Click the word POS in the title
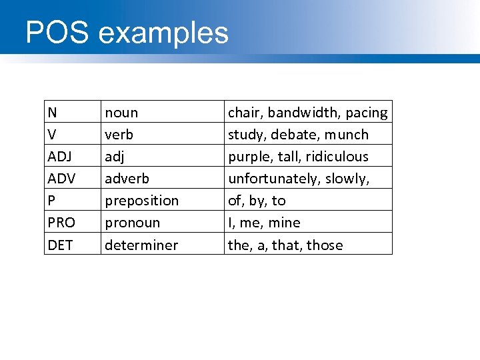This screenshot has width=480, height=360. pos(57,33)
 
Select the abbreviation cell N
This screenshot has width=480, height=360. pos(52,113)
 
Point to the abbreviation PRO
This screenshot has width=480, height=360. pos(61,223)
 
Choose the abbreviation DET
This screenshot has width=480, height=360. pos(60,245)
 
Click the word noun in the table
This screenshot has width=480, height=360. pos(121,113)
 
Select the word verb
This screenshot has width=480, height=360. pos(119,135)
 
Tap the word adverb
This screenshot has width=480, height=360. pos(127,179)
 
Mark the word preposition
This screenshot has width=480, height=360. pos(142,201)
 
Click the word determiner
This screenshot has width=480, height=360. pos(141,245)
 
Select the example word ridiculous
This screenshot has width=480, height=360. pos(337,157)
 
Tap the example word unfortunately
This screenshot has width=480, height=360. pos(274,179)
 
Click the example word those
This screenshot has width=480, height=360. pos(325,245)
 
